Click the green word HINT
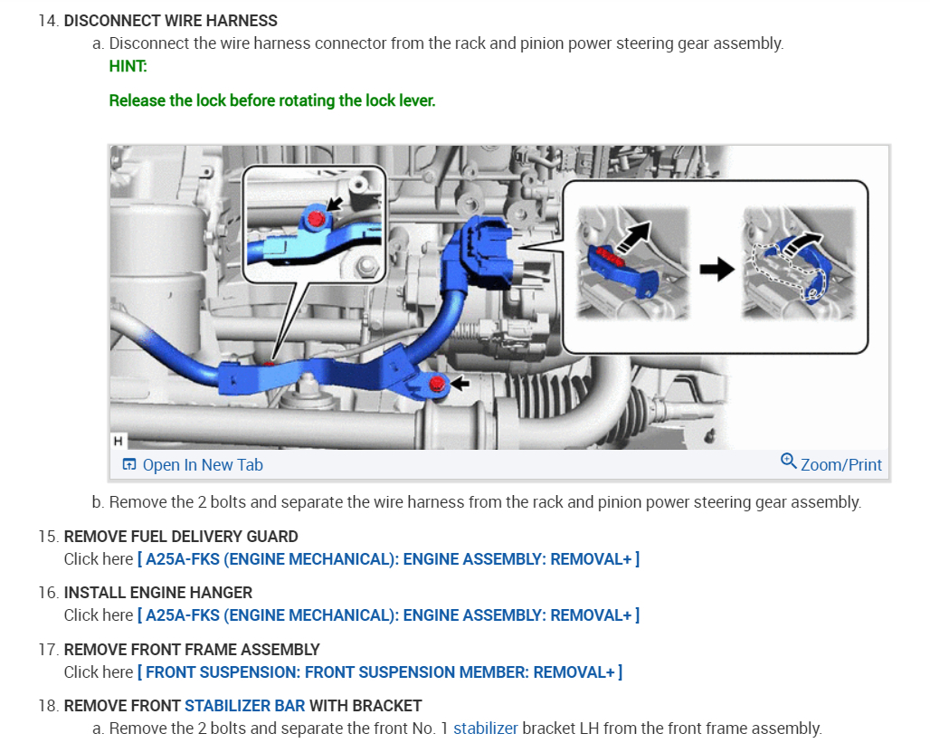(x=128, y=66)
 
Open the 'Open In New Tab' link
(x=202, y=464)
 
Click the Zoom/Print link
(x=840, y=464)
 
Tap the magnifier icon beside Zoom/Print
(x=788, y=462)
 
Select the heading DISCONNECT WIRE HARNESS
(x=170, y=20)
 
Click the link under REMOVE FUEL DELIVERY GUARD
(x=388, y=559)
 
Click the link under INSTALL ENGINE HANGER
(x=388, y=615)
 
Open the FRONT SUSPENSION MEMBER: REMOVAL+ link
(x=379, y=672)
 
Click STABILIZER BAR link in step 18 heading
(x=244, y=705)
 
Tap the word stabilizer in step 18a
(x=485, y=728)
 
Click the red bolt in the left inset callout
(x=316, y=218)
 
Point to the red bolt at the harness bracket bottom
(x=437, y=385)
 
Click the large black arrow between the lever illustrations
(x=716, y=270)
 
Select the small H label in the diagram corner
(x=118, y=442)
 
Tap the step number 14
(x=48, y=20)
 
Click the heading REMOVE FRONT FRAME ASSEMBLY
(x=192, y=649)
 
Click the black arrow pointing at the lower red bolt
(x=460, y=385)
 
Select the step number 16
(x=48, y=593)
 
